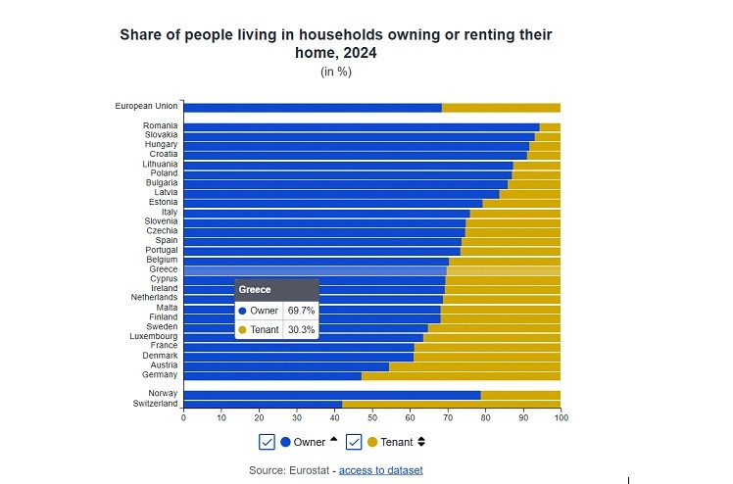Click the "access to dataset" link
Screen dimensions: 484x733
tap(380, 470)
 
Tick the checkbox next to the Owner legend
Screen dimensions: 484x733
tap(267, 442)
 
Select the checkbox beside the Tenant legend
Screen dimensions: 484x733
tap(354, 442)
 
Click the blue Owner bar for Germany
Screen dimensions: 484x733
tap(271, 375)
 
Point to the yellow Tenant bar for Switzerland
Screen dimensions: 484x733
tap(451, 404)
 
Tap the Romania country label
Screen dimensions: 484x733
tap(160, 126)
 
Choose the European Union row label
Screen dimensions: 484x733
tap(146, 107)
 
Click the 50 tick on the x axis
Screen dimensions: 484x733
tap(372, 417)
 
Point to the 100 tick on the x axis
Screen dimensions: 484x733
tap(561, 417)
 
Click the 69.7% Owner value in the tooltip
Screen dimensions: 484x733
tap(300, 311)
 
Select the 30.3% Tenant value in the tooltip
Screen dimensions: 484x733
tap(301, 330)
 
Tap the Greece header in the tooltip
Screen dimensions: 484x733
tap(255, 290)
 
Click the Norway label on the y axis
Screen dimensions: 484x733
tap(163, 394)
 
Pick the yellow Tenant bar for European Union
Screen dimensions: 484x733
tap(501, 107)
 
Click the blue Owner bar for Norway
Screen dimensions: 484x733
tap(331, 394)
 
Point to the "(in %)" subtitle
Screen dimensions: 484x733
tap(335, 72)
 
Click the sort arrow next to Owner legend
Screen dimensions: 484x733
tap(333, 440)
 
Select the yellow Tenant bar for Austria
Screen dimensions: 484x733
tap(474, 365)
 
